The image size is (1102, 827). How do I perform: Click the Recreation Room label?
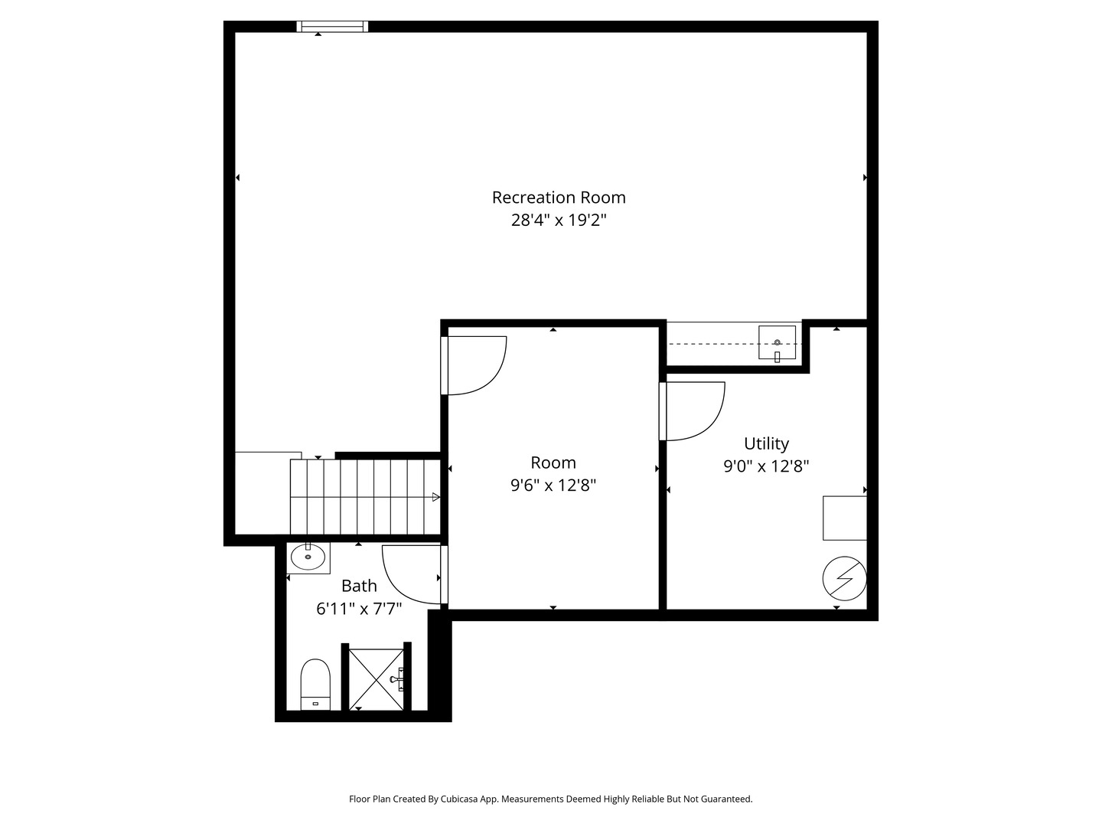tap(559, 198)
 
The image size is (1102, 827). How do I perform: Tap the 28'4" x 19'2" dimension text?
tap(559, 221)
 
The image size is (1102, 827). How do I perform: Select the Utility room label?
tap(766, 443)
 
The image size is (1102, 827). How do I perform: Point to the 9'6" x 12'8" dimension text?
tap(553, 485)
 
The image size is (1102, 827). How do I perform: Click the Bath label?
tap(359, 586)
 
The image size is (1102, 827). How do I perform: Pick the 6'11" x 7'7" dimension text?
tap(359, 609)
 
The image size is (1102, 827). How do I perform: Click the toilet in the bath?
tap(315, 683)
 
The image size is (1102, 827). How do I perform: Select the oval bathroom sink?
tap(308, 557)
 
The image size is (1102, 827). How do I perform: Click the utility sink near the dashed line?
tap(777, 342)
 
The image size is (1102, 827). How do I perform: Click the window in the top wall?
tap(333, 27)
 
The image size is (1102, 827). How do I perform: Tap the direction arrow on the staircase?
tap(435, 498)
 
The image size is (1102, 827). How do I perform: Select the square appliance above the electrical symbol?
tap(844, 518)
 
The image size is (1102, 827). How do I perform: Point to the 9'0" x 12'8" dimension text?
tap(766, 466)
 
